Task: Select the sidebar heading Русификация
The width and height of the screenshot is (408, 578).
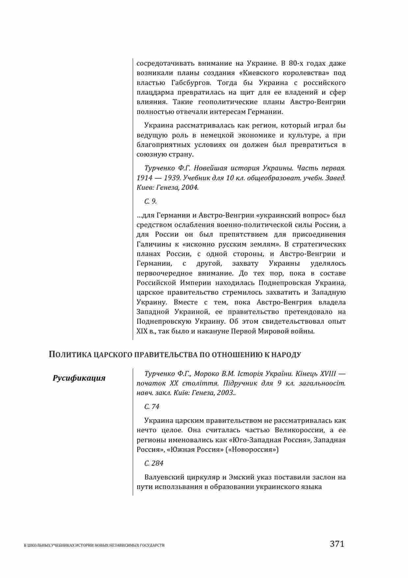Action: [x=79, y=378]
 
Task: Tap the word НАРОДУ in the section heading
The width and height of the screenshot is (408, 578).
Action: [x=287, y=355]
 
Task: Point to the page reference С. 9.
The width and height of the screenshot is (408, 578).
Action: [x=150, y=201]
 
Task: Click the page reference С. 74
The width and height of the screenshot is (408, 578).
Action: [x=152, y=407]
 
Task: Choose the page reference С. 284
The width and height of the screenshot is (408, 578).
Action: [x=154, y=463]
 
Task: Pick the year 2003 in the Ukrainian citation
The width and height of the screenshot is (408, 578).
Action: [x=225, y=393]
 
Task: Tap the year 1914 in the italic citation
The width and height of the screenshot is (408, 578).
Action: [x=145, y=178]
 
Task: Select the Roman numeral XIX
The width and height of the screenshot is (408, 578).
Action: [x=142, y=331]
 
